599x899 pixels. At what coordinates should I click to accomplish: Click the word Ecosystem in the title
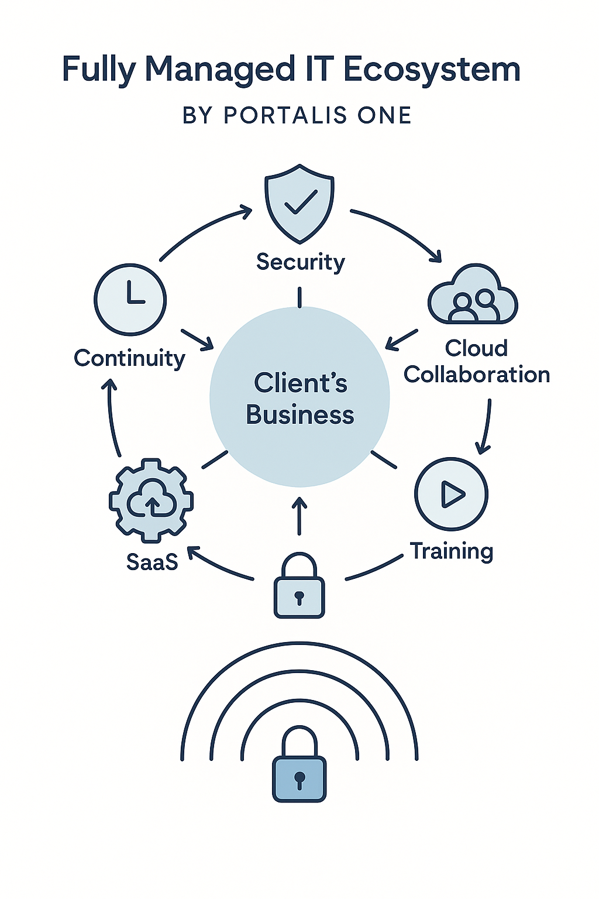click(x=431, y=70)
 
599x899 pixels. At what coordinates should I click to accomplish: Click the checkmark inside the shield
click(x=300, y=201)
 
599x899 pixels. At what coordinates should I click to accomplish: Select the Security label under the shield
click(x=300, y=262)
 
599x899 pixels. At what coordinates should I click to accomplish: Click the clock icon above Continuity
click(x=130, y=300)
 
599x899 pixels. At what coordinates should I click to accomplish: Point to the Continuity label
click(x=129, y=358)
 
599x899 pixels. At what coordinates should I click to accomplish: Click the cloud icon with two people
click(x=473, y=296)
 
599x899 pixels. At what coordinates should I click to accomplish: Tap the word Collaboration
click(x=477, y=375)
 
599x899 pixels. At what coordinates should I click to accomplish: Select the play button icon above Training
click(x=451, y=494)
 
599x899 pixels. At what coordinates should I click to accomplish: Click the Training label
click(x=451, y=551)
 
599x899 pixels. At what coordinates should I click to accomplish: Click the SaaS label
click(x=152, y=562)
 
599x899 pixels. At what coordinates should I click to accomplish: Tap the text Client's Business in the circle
click(x=300, y=399)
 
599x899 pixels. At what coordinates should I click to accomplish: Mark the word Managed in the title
click(x=219, y=70)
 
